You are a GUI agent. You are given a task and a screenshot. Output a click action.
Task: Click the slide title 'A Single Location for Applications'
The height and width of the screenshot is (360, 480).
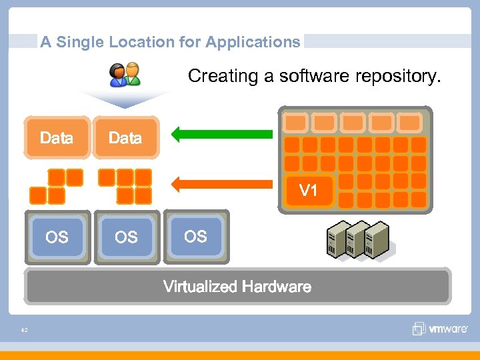click(170, 42)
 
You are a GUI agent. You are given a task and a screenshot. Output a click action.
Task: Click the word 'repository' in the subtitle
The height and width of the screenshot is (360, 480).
click(399, 76)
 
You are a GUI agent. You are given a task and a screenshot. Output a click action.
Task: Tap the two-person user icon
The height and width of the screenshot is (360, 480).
click(125, 74)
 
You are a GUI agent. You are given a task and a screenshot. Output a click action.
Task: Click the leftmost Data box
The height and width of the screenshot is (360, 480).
click(57, 138)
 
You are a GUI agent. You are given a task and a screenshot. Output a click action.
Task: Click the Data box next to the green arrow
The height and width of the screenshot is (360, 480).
click(125, 138)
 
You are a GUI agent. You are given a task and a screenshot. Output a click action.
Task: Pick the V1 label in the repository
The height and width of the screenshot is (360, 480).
click(308, 191)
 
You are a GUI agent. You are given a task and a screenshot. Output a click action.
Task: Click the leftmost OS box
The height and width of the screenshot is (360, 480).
click(57, 237)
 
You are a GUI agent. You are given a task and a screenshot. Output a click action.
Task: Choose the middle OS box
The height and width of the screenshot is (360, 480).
click(126, 237)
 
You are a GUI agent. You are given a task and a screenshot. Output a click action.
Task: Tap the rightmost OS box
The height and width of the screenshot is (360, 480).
click(195, 236)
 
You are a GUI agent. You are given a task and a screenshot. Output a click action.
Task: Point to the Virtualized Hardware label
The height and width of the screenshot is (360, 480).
click(237, 287)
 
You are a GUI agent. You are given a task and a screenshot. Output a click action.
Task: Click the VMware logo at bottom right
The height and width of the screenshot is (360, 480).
click(440, 328)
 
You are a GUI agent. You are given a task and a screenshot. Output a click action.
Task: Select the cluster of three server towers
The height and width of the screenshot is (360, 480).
click(358, 239)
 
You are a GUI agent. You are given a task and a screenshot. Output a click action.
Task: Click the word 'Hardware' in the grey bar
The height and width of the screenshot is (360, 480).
click(277, 287)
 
